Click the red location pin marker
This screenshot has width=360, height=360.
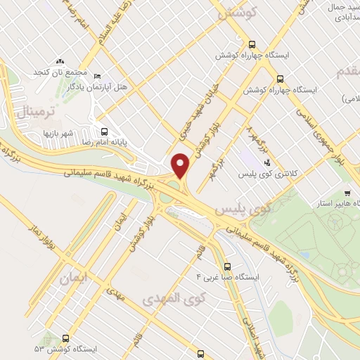click(181, 165)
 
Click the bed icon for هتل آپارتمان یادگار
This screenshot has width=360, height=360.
click(98, 76)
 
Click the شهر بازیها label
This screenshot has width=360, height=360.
click(58, 133)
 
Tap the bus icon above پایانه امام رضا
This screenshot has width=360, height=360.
click(105, 131)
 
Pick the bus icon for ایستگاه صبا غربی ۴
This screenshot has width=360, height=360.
click(226, 266)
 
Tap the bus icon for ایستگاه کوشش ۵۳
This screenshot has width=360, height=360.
click(65, 337)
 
